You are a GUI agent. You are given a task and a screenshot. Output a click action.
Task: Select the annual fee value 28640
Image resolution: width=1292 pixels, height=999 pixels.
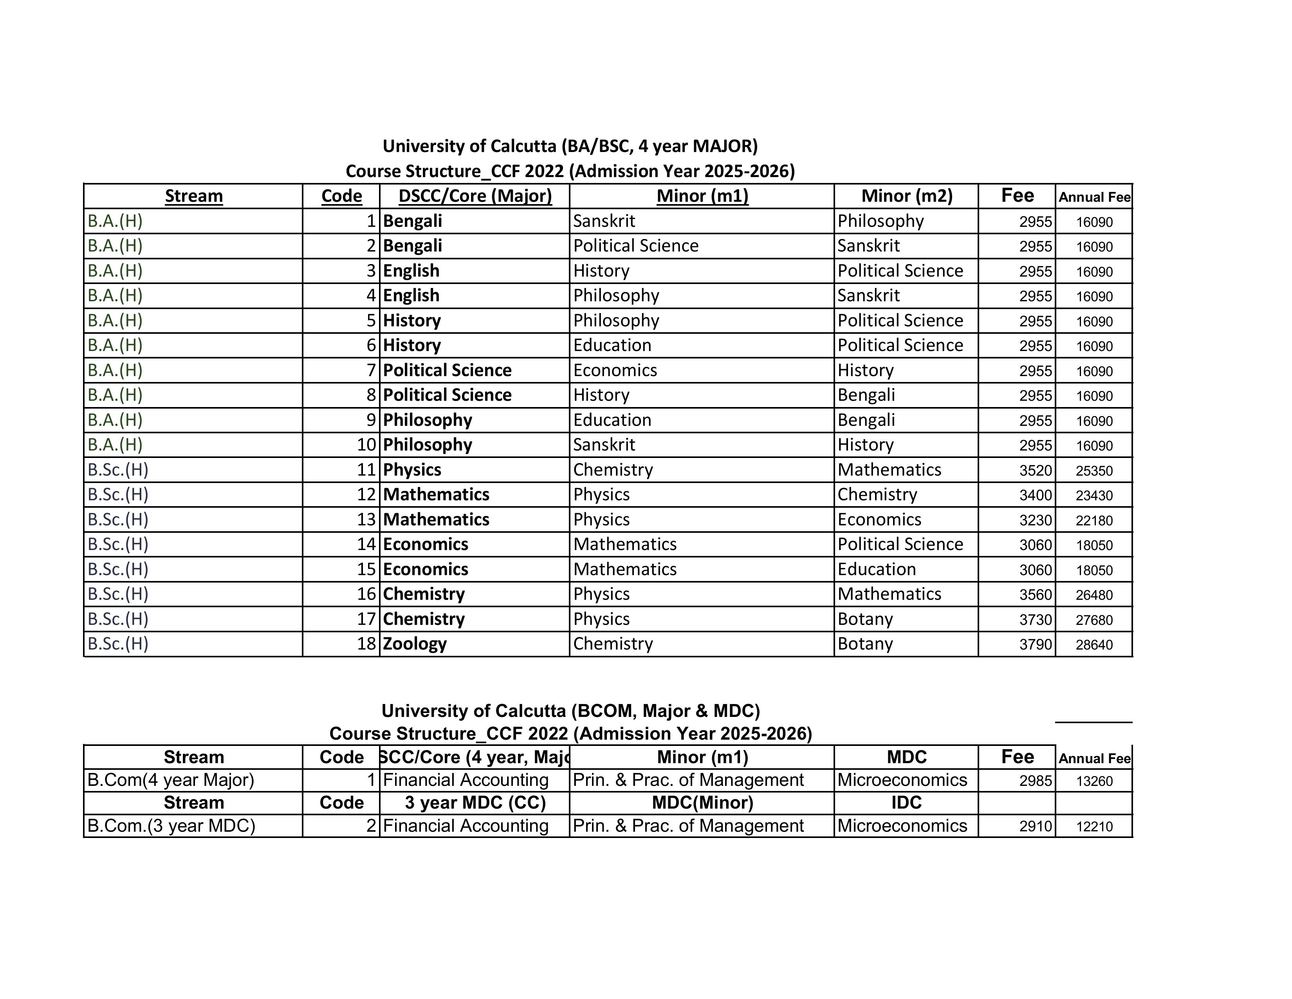tap(1094, 644)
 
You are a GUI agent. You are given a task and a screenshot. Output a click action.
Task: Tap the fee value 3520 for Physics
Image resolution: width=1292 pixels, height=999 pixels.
tap(1035, 471)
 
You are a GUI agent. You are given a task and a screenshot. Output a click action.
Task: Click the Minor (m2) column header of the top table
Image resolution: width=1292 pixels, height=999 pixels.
tap(906, 196)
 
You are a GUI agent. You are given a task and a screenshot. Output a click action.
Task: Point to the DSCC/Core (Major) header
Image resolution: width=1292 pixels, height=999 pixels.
tap(475, 196)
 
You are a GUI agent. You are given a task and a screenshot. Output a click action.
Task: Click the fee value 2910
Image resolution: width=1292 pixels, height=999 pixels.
tap(1035, 826)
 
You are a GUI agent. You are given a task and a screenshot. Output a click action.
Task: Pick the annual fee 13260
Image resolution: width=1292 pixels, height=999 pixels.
tap(1094, 781)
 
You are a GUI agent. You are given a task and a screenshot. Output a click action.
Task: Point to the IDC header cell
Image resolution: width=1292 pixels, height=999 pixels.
tap(906, 802)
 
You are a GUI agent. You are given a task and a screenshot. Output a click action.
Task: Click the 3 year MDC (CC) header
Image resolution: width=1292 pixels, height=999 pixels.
tap(475, 802)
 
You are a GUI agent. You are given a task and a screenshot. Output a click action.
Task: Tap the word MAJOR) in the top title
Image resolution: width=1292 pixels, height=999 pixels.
tap(725, 146)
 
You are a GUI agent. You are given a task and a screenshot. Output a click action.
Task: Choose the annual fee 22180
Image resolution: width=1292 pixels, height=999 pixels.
tap(1094, 521)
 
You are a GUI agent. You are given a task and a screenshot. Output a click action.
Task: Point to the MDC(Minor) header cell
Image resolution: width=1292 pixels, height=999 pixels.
tap(702, 802)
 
